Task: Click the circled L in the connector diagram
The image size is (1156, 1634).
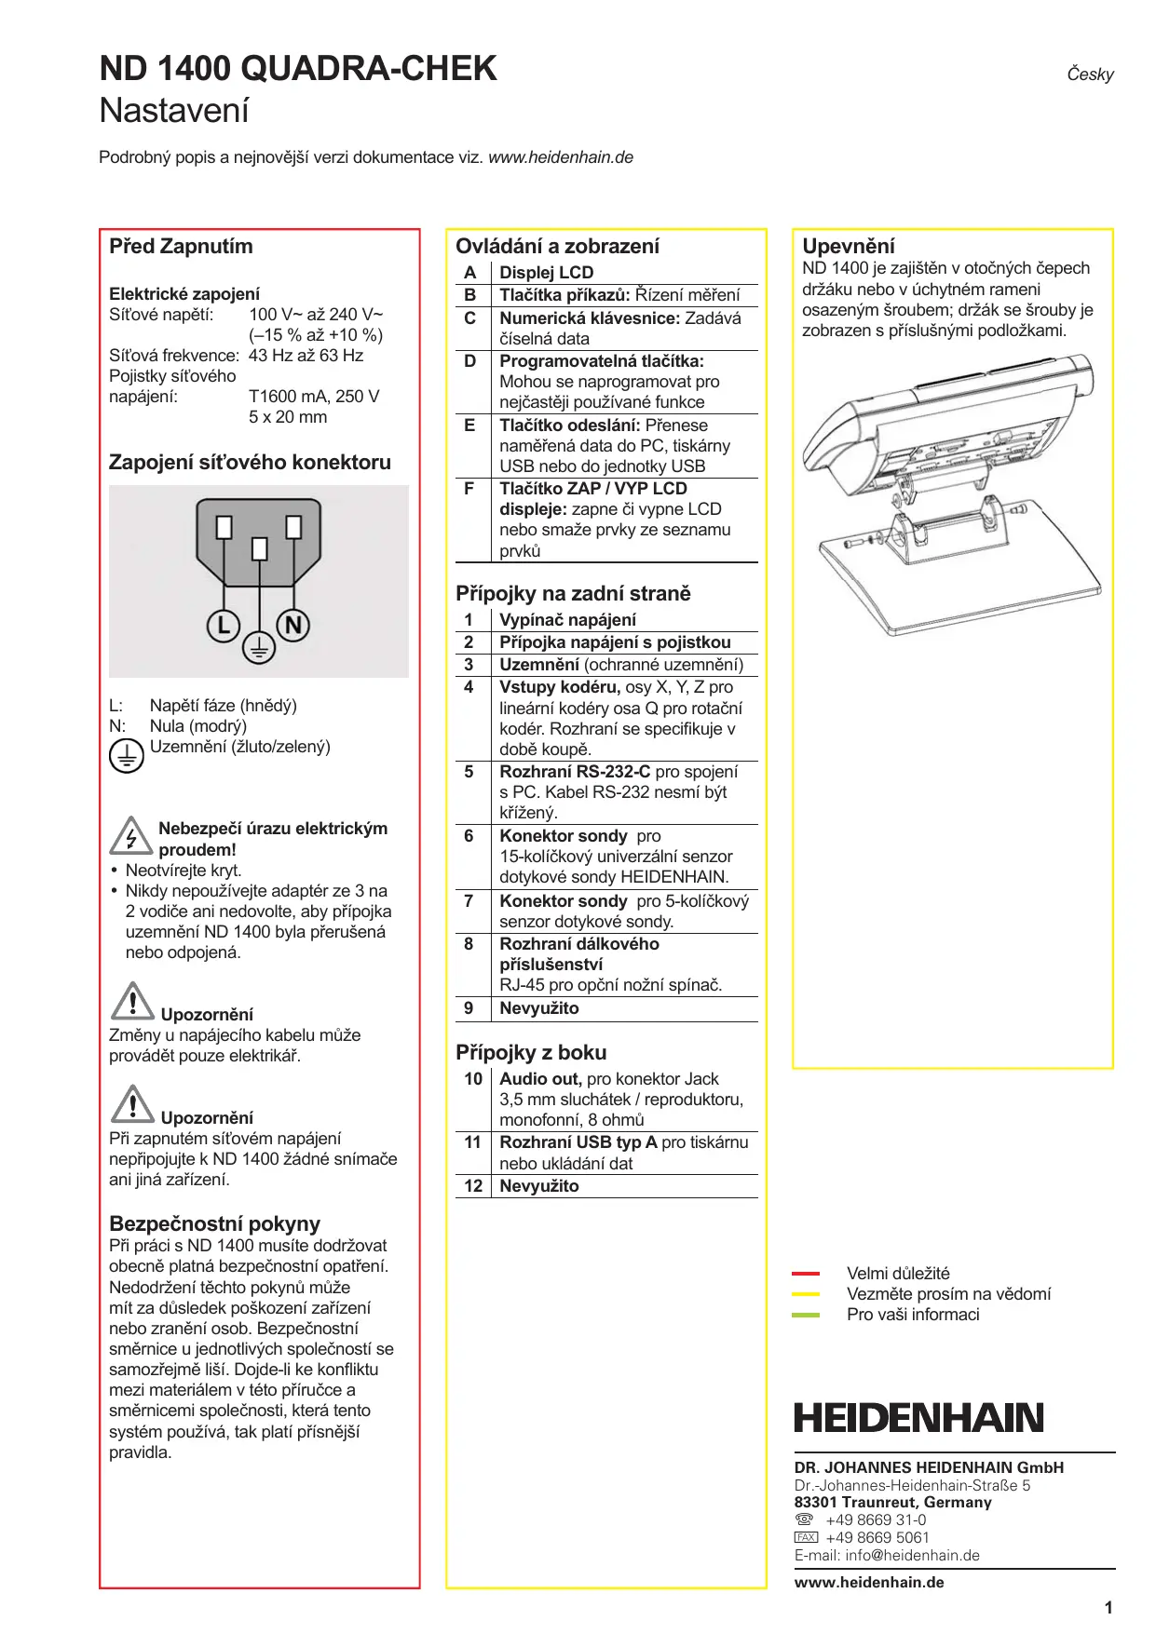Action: pos(224,625)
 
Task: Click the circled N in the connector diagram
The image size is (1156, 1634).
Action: pos(293,625)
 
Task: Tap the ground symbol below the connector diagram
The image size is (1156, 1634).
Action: pos(259,647)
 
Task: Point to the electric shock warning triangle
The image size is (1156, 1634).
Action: pos(131,835)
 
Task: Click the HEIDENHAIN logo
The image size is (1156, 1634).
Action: pos(918,1418)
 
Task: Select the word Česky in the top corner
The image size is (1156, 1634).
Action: pos(1090,74)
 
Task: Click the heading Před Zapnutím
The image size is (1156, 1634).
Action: pos(181,247)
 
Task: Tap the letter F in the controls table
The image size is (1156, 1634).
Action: pos(469,489)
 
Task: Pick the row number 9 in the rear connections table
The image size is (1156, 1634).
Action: pos(469,1008)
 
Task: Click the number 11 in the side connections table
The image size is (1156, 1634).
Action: pos(472,1142)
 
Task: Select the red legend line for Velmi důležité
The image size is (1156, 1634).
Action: pos(806,1273)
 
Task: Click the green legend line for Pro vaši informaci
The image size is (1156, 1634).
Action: pos(806,1315)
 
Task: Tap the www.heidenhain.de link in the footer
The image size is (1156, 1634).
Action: pos(869,1582)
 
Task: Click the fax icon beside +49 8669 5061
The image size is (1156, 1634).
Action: pos(806,1537)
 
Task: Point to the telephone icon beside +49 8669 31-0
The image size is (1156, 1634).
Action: pos(805,1519)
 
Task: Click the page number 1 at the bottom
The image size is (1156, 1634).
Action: pos(1108,1607)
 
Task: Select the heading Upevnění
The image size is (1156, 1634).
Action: pos(849,247)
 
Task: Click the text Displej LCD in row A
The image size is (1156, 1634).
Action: pos(547,273)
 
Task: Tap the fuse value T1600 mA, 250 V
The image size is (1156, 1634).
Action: pos(314,397)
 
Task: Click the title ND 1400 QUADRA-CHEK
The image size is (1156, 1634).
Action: pos(298,69)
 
